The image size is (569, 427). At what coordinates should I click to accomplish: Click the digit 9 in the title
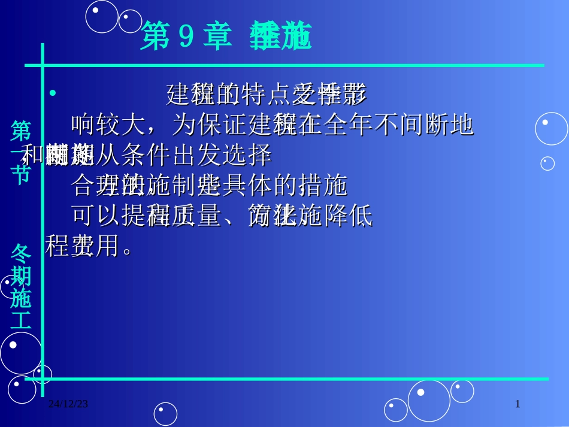186,38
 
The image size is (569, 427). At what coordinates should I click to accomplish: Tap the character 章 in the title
216,38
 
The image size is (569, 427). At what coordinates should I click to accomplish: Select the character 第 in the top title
155,38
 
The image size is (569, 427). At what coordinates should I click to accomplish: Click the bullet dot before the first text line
53,93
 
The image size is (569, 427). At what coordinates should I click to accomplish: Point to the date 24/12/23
68,404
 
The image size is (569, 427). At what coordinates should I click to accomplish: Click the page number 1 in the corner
518,404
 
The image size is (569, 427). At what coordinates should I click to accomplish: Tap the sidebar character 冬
21,254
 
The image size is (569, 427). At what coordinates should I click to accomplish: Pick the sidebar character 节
21,174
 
